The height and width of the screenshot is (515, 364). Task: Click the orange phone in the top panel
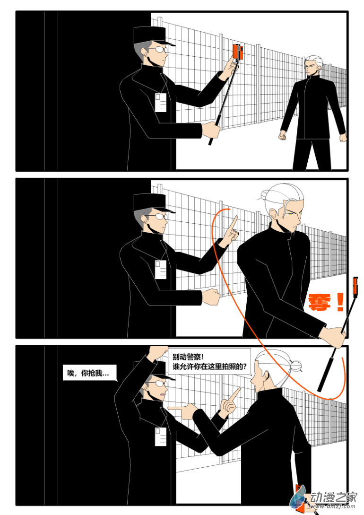[238, 52]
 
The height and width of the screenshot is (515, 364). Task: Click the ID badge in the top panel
[161, 103]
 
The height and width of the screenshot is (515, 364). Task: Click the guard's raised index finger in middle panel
[234, 223]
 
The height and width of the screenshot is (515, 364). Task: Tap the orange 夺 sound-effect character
[320, 302]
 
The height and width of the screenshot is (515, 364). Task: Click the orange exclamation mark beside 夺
[340, 302]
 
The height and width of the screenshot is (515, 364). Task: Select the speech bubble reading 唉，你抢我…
[90, 373]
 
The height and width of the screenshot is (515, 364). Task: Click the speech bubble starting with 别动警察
[209, 362]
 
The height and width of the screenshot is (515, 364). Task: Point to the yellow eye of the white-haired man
[290, 215]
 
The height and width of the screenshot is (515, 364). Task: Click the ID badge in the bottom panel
[161, 436]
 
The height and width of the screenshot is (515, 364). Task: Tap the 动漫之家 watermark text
[333, 497]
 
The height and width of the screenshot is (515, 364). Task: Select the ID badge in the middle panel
[161, 270]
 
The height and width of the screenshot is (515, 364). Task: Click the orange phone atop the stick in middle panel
[355, 286]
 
